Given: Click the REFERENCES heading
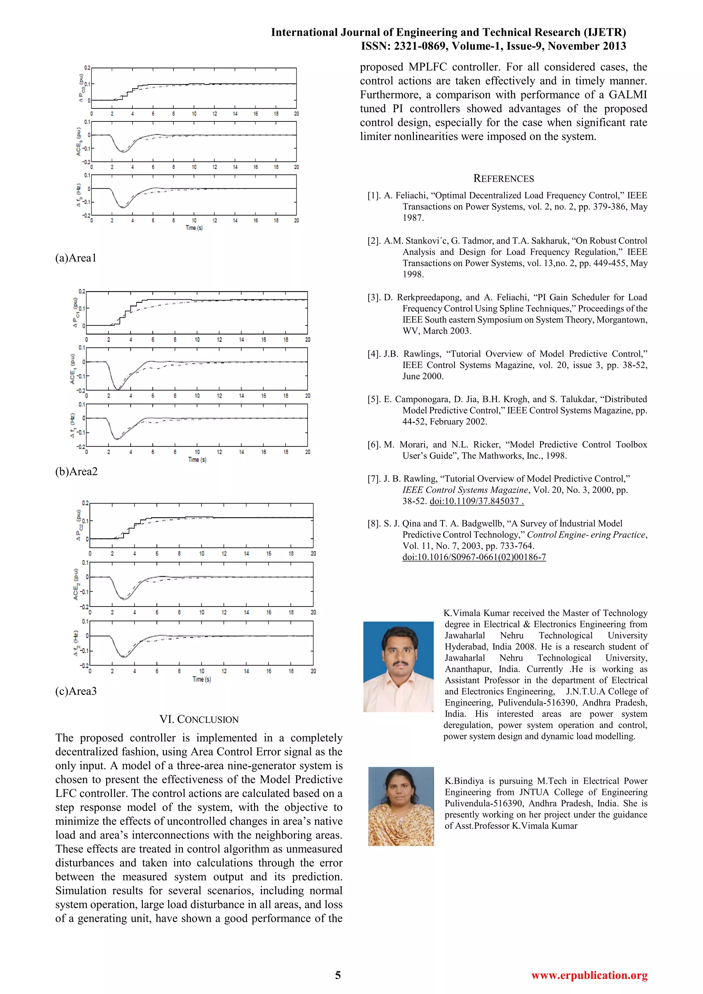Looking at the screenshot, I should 504,178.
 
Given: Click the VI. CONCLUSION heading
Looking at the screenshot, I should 199,719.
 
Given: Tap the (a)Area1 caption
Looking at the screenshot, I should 76,258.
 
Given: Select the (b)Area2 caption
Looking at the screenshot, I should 76,472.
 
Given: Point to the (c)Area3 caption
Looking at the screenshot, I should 76,691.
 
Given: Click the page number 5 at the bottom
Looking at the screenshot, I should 338,975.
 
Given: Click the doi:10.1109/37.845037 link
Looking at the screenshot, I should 476,501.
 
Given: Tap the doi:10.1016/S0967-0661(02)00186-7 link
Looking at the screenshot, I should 474,557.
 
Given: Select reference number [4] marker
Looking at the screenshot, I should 374,354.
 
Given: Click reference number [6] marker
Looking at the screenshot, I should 374,444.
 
